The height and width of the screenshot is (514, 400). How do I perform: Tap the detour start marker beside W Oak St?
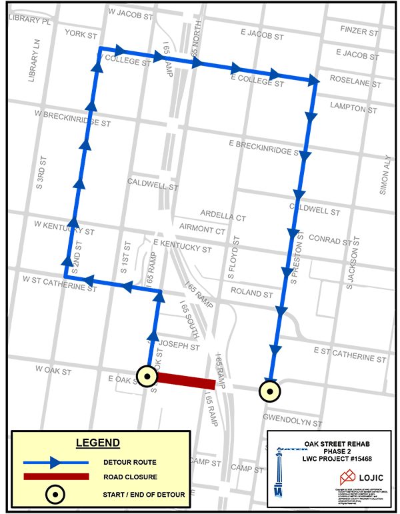146,377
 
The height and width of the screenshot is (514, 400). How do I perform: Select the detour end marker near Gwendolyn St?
269,392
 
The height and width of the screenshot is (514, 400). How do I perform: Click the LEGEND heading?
97,443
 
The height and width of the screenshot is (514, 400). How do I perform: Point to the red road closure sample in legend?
56,477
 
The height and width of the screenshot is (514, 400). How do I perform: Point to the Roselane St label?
357,85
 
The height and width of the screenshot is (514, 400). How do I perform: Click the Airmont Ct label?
203,231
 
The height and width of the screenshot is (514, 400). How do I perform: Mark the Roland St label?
251,293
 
